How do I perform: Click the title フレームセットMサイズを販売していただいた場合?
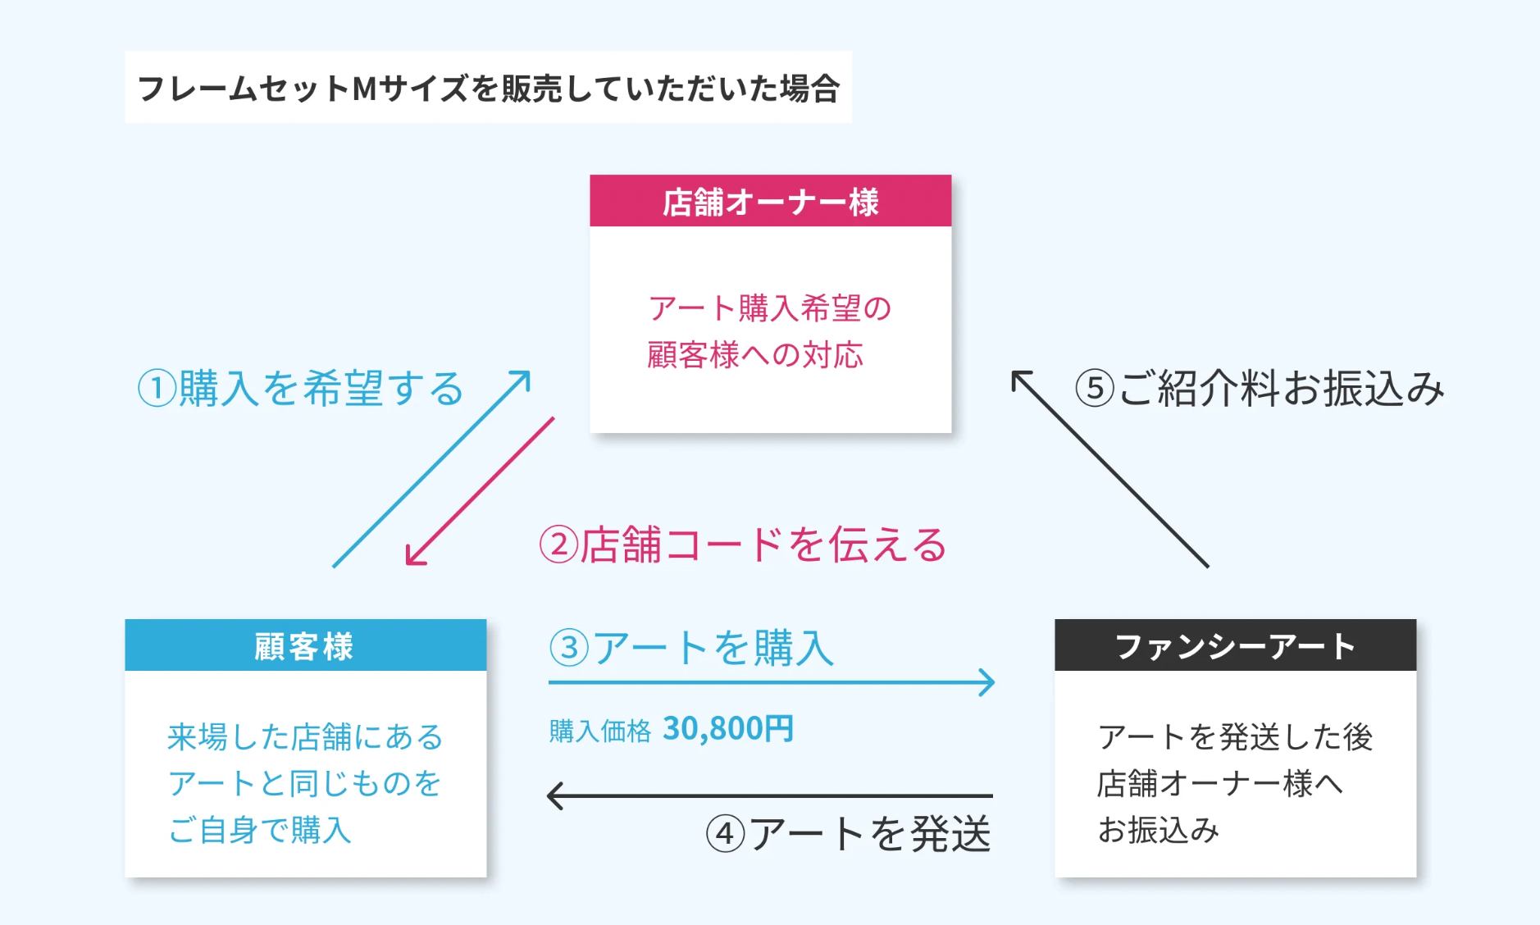pyautogui.click(x=488, y=88)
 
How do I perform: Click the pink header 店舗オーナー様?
pyautogui.click(x=770, y=202)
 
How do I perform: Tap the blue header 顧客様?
pyautogui.click(x=305, y=646)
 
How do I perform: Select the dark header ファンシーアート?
pyautogui.click(x=1235, y=646)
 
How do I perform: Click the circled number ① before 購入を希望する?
pyautogui.click(x=157, y=389)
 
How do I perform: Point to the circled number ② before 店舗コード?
pyautogui.click(x=558, y=545)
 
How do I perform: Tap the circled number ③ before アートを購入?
pyautogui.click(x=569, y=648)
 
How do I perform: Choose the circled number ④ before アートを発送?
pyautogui.click(x=725, y=835)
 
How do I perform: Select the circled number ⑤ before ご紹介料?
pyautogui.click(x=1095, y=389)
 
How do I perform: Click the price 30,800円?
pyautogui.click(x=727, y=728)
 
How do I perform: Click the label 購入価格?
pyautogui.click(x=599, y=730)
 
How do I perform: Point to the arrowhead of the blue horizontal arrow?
pyautogui.click(x=989, y=682)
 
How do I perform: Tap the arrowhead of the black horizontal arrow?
pyautogui.click(x=554, y=795)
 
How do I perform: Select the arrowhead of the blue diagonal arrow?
pyautogui.click(x=525, y=376)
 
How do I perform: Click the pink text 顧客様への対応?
pyautogui.click(x=754, y=355)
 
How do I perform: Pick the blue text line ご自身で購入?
pyautogui.click(x=260, y=830)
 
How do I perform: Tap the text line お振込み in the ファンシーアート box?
pyautogui.click(x=1158, y=830)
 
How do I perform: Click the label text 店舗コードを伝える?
pyautogui.click(x=763, y=545)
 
